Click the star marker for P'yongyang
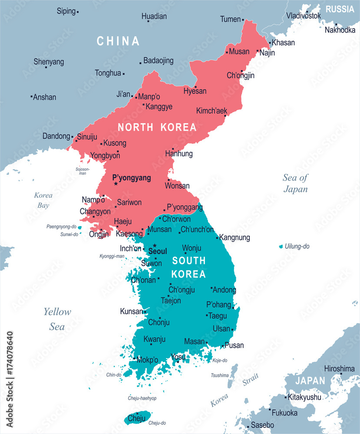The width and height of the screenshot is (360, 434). (116, 184)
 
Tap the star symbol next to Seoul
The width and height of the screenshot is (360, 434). (154, 246)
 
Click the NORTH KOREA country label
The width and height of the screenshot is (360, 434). (157, 127)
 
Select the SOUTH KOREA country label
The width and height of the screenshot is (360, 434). (189, 267)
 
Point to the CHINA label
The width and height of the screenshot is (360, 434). (118, 41)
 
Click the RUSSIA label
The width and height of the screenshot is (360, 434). (340, 9)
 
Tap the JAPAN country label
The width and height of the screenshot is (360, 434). (310, 381)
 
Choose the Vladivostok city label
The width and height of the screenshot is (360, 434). (304, 16)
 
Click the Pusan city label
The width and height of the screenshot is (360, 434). (234, 345)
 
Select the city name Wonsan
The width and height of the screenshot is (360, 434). (177, 186)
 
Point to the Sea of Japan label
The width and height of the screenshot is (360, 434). (295, 183)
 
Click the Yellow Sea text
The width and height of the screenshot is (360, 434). (57, 319)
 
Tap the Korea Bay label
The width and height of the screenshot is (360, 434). (43, 200)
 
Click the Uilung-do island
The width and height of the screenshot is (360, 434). (281, 247)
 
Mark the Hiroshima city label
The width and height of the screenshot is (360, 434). (339, 369)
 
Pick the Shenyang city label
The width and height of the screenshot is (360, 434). (49, 62)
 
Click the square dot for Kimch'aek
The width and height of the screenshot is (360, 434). (225, 115)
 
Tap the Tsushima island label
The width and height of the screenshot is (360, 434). (219, 375)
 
